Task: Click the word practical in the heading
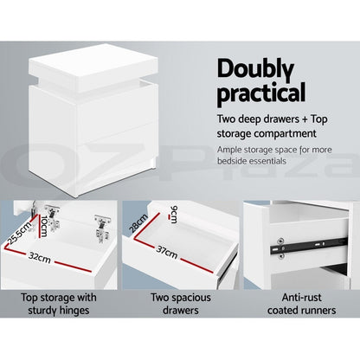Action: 260,91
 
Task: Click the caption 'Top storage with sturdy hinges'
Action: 60,303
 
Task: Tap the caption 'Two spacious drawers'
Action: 180,303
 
